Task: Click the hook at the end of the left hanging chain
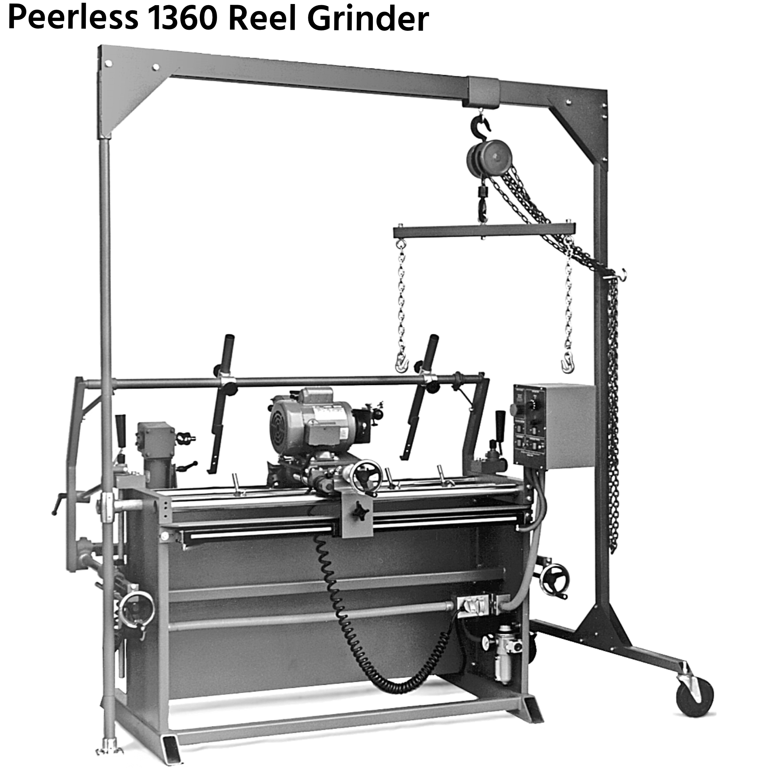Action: coord(402,362)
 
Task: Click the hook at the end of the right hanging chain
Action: coord(568,362)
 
